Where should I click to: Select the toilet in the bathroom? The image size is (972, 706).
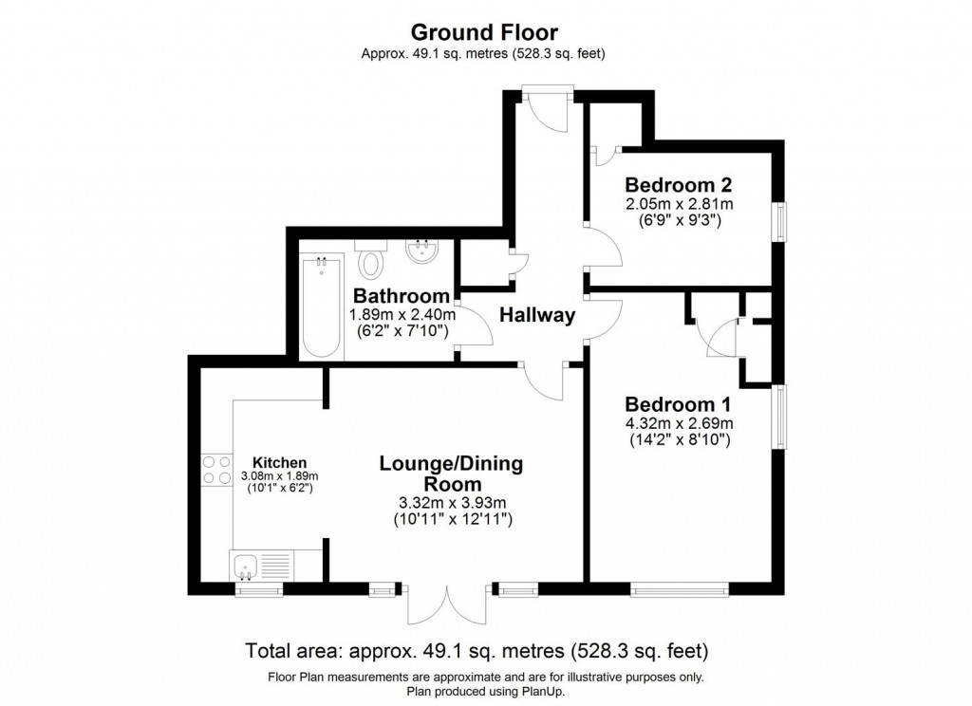point(372,259)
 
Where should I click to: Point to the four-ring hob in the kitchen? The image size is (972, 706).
point(216,469)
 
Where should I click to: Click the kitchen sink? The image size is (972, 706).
point(248,567)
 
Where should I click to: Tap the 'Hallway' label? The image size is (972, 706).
point(537,316)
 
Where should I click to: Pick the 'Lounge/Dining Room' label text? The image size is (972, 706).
point(451,474)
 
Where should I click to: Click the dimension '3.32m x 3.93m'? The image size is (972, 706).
point(451,502)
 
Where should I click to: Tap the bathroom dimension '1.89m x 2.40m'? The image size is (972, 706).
point(402,315)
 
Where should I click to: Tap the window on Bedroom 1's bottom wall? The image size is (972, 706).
point(680,590)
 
